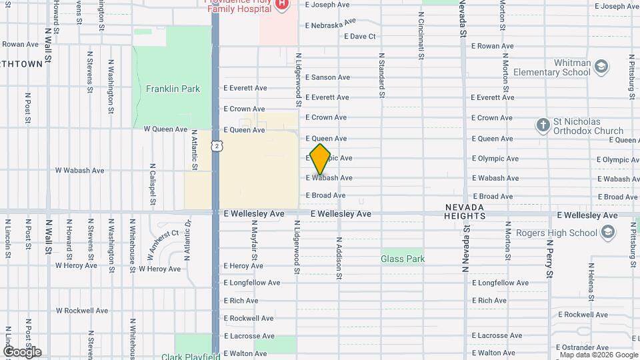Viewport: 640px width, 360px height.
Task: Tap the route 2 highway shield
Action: click(x=217, y=146)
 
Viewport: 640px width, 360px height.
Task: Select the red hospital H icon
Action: click(x=281, y=5)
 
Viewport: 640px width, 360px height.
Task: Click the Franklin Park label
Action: click(x=173, y=89)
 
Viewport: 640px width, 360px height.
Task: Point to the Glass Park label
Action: click(x=403, y=259)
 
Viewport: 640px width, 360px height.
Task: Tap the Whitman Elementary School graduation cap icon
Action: click(x=602, y=66)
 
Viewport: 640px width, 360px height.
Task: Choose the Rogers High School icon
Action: click(x=607, y=232)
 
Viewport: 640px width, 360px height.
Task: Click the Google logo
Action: click(x=22, y=352)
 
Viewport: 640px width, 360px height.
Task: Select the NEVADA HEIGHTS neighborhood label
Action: click(x=465, y=212)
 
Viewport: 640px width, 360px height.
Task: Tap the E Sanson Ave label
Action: click(x=327, y=77)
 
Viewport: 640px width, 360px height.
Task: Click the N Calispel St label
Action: click(x=153, y=185)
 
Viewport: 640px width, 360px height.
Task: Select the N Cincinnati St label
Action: click(x=421, y=35)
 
